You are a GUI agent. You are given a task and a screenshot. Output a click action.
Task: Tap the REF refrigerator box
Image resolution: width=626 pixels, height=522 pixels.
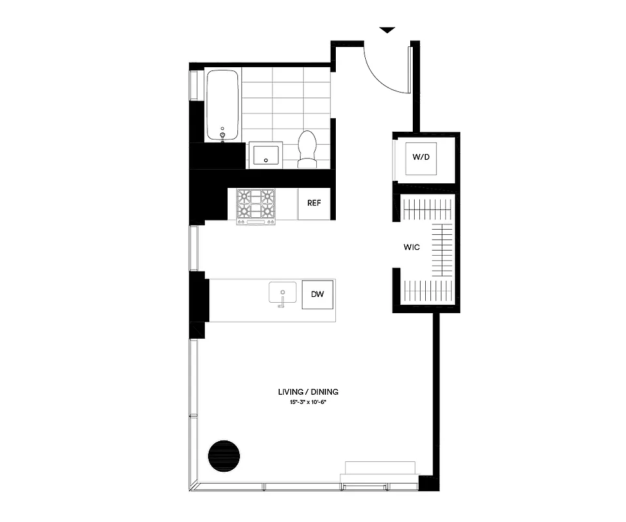click(314, 203)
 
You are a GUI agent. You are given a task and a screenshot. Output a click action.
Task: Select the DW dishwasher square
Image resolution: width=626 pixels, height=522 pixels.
click(318, 295)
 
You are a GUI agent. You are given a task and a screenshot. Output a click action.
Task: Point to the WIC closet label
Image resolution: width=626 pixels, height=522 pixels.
click(411, 247)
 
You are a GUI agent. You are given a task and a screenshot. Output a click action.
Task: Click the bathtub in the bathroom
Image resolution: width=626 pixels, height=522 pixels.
click(224, 105)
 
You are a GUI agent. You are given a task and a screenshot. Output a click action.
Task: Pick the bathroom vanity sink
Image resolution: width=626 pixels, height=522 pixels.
click(265, 155)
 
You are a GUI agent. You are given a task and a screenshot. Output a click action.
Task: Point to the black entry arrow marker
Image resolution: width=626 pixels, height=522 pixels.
click(388, 30)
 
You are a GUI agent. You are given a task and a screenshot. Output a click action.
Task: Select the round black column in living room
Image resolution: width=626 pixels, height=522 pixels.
click(224, 455)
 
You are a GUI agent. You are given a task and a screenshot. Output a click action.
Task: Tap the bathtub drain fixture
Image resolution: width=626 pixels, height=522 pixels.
click(224, 134)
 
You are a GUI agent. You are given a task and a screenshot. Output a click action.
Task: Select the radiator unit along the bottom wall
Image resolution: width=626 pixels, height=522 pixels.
click(380, 468)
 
